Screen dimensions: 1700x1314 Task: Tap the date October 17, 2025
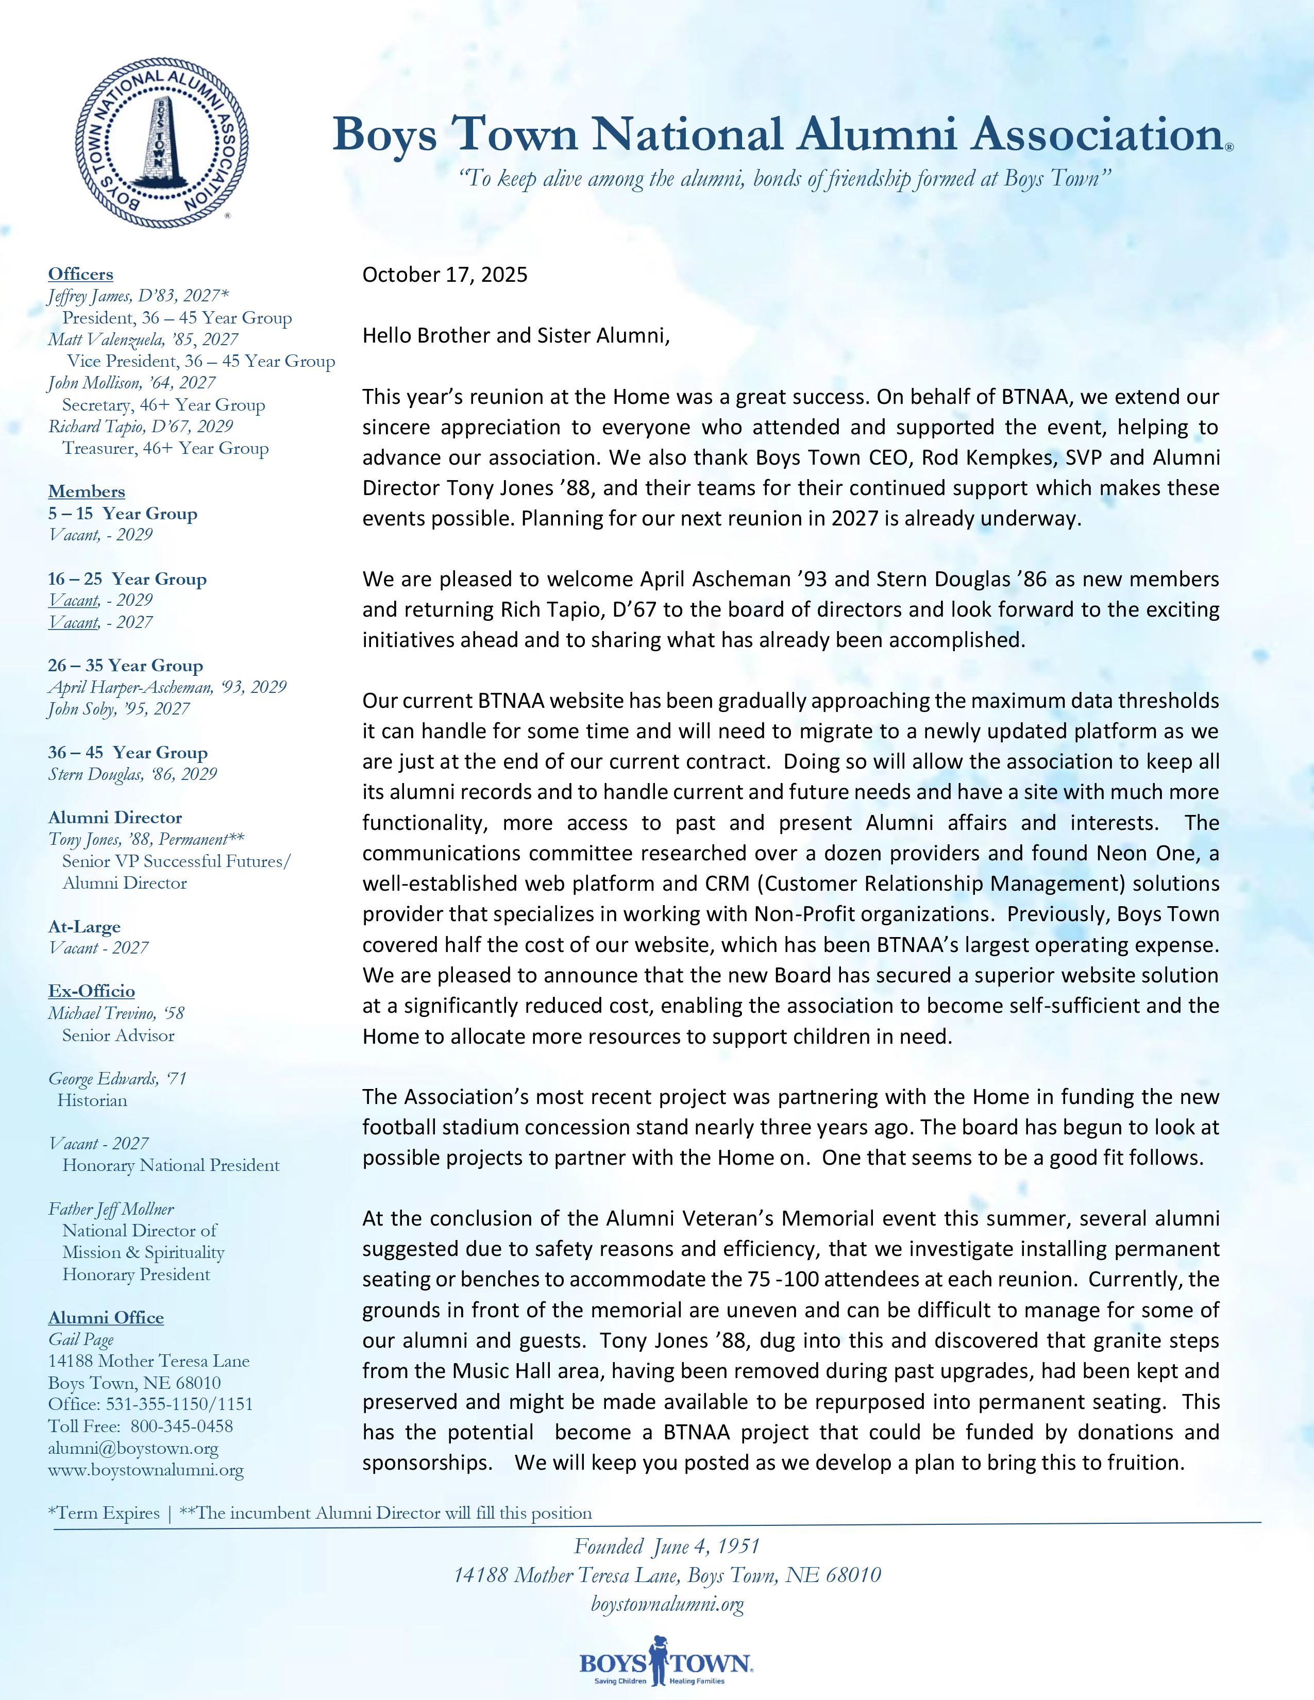click(x=445, y=275)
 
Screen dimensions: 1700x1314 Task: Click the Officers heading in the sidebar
click(x=80, y=274)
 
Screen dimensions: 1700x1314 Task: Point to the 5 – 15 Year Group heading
click(x=122, y=514)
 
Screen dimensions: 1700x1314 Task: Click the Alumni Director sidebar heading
click(x=114, y=818)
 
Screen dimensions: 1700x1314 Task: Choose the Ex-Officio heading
click(x=91, y=991)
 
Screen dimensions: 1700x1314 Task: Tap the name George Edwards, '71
click(x=117, y=1079)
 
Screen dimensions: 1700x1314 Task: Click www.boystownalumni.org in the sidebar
click(x=145, y=1470)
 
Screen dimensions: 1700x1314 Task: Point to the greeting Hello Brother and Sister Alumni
click(x=515, y=335)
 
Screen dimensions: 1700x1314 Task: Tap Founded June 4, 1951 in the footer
click(x=666, y=1546)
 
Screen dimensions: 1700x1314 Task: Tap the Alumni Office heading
click(x=106, y=1318)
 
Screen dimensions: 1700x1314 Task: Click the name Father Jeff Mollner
click(x=111, y=1209)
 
